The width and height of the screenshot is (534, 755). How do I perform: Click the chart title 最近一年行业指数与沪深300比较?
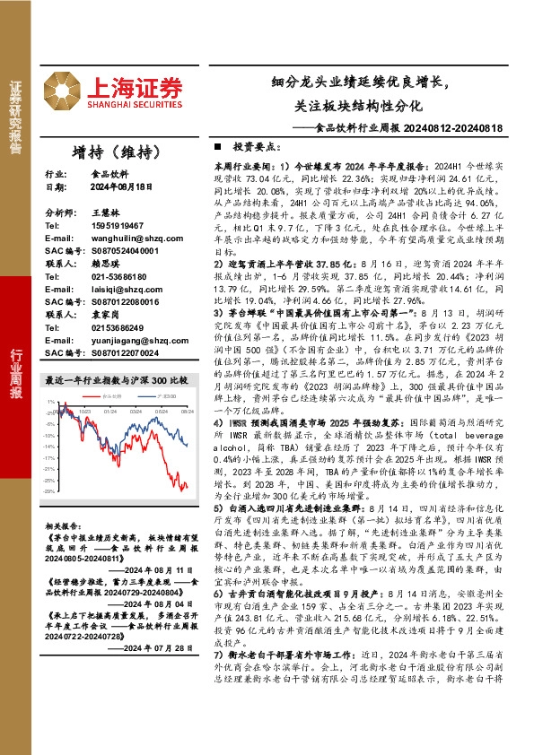[x=117, y=379]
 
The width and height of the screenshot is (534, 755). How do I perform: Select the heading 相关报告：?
[x=63, y=525]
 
